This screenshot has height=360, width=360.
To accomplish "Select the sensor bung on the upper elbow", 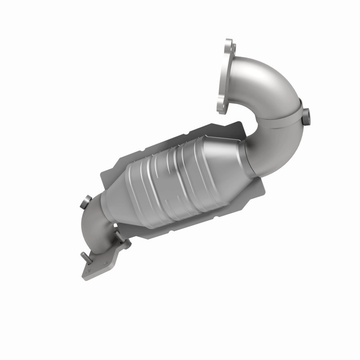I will (x=306, y=117).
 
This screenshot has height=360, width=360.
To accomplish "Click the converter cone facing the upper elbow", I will (x=225, y=153).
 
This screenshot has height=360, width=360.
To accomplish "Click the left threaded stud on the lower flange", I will (x=85, y=257).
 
